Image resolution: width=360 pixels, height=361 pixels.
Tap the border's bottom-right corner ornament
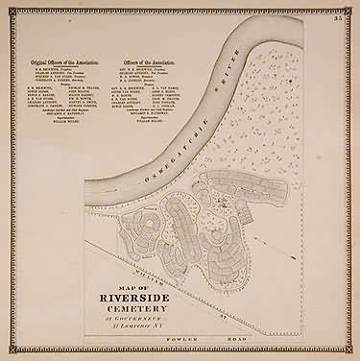click(x=352, y=353)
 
